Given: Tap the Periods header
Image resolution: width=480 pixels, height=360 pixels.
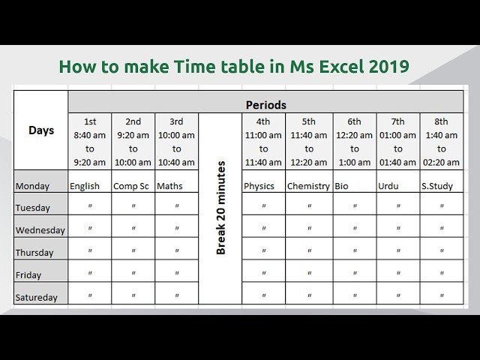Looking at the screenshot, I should pos(265,105).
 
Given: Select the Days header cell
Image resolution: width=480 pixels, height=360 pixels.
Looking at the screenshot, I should pos(41,130).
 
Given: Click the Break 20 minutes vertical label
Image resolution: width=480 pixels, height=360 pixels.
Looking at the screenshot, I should pos(221,210).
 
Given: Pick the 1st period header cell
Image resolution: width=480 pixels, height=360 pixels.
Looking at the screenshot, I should pos(90,142).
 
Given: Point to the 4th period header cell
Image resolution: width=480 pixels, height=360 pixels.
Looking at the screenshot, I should pos(263,142).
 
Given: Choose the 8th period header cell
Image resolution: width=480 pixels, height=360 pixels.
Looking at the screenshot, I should pos(442,142).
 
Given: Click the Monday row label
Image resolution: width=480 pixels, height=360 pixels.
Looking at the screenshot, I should pos(32,186).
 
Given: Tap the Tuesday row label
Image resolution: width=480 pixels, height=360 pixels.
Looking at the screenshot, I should pos(33,208).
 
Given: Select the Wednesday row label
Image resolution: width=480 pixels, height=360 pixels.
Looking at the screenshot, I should pos(40,230).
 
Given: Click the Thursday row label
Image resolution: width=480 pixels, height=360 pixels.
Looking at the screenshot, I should pos(34,253).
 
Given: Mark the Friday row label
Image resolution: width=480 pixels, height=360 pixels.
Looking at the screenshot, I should pos(28,275).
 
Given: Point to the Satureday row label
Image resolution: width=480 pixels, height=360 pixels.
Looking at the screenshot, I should pos(37,298).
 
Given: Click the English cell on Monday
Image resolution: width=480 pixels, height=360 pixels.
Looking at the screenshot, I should pos(85,186).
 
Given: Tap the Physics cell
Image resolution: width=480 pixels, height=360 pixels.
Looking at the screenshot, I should pos(259,186).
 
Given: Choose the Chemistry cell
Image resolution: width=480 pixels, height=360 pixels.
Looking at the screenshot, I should pos(308,186).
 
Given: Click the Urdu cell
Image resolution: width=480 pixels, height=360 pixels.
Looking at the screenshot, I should pos(388,186).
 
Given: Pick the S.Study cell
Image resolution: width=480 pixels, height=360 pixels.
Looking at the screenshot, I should pos(437,186).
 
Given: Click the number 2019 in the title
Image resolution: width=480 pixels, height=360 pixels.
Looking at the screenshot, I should pos(388,67).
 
